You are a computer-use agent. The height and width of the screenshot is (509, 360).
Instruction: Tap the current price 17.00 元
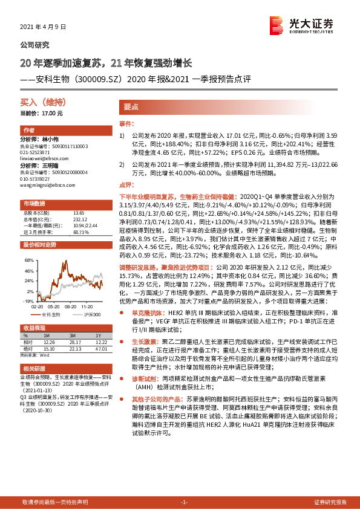[x=41, y=113]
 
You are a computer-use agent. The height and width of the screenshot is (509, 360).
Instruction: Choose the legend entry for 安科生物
[x=52, y=315]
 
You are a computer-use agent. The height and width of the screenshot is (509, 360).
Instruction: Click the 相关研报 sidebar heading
[x=33, y=368]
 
